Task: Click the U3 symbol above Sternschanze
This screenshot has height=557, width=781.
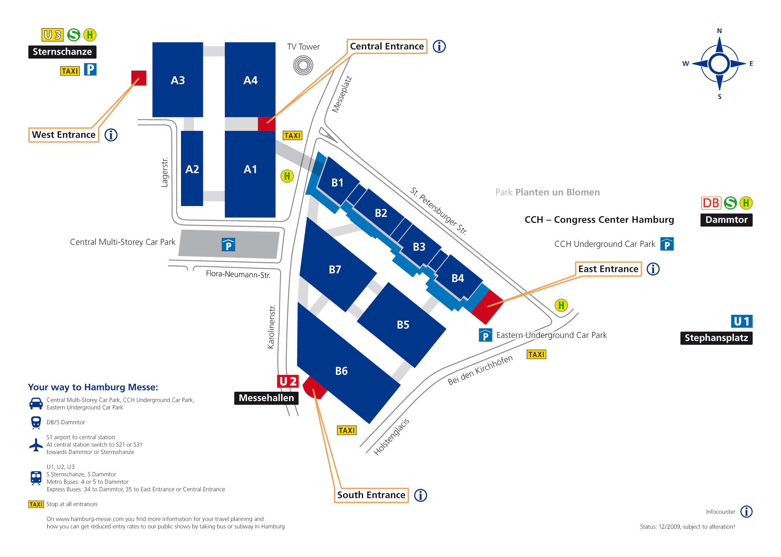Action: tap(53, 35)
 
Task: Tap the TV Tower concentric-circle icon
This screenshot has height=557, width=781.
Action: tap(303, 65)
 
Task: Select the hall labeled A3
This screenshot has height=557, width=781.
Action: tap(178, 80)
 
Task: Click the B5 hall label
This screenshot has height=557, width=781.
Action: tap(403, 325)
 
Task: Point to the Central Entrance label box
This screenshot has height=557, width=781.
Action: tap(387, 46)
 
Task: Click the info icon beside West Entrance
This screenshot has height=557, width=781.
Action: tap(111, 135)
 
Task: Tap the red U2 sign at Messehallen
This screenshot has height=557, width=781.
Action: tap(288, 381)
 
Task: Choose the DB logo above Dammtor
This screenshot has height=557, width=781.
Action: tap(711, 203)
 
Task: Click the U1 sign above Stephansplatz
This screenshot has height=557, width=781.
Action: tap(742, 321)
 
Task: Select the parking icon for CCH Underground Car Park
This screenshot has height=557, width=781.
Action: tap(667, 244)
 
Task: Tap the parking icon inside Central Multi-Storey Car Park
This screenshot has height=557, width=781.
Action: tap(228, 245)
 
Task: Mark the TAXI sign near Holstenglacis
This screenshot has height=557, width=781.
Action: tap(347, 431)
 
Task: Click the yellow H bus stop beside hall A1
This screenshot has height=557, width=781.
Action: tap(287, 176)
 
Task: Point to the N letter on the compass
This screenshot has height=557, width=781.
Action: tap(719, 31)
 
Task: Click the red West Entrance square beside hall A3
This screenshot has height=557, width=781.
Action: tap(139, 78)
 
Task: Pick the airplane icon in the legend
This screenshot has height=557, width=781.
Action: tap(36, 445)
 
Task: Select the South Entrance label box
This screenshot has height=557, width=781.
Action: tap(371, 495)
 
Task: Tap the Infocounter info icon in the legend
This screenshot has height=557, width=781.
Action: tap(746, 512)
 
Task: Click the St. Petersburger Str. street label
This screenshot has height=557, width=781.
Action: tap(439, 211)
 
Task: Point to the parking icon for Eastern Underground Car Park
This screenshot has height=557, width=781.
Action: tap(486, 335)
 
